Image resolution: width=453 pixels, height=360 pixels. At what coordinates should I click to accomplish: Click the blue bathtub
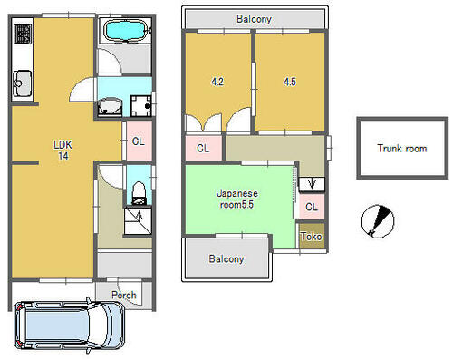point(125,30)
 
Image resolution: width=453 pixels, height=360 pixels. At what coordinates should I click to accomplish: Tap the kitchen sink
point(22,83)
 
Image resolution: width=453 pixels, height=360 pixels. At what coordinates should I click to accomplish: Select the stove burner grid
point(22,34)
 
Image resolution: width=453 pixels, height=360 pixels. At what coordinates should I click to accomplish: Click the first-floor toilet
point(139,193)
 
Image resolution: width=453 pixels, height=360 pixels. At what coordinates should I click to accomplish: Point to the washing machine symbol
point(141,105)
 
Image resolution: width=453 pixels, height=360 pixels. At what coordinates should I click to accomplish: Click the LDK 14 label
point(63,150)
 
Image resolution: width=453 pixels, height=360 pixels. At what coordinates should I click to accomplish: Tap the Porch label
point(124,295)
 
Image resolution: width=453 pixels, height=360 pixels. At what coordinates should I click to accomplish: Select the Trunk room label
point(402,149)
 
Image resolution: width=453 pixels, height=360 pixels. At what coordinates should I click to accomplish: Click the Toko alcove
point(312,236)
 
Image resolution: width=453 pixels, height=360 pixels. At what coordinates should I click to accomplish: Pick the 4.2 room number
point(217,82)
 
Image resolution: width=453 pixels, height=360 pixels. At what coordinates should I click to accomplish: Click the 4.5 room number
point(290,82)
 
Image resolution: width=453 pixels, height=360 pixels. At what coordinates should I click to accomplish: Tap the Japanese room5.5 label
point(237,199)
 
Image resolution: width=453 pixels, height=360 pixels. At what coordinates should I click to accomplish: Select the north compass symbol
point(378,221)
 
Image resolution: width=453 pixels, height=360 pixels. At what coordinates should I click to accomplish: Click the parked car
point(69,326)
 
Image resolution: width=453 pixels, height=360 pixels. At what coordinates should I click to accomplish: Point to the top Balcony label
point(254,19)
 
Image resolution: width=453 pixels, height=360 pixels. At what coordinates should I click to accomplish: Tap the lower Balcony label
point(226,259)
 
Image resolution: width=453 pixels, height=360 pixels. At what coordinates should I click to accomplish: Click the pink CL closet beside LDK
point(139,141)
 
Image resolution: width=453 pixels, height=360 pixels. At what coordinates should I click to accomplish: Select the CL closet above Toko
point(312,207)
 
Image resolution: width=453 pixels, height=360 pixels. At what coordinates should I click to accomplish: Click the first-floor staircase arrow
point(140,216)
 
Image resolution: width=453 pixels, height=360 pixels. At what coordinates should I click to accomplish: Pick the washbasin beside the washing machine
point(110,106)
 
